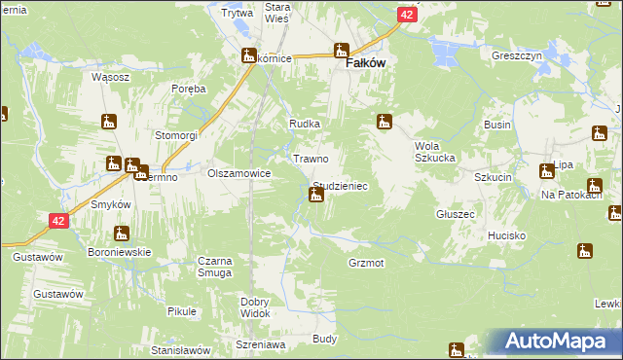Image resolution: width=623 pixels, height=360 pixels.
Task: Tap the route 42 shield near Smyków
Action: click(59, 222)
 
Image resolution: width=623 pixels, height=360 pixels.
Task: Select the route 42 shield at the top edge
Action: click(409, 15)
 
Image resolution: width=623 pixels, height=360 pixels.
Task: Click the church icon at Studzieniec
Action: click(316, 196)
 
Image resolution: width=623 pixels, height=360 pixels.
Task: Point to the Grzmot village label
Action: click(366, 264)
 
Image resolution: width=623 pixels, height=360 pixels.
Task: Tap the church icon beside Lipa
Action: click(546, 172)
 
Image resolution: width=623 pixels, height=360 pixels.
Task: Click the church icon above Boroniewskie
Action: click(122, 234)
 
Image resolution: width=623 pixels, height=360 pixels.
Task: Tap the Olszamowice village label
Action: click(238, 173)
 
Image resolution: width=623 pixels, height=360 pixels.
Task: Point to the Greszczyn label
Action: click(517, 56)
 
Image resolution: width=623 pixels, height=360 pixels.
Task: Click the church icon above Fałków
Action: click(342, 51)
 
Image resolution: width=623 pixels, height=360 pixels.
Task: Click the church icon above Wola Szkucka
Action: click(385, 123)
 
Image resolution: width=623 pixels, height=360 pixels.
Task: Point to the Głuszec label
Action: click(456, 214)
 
